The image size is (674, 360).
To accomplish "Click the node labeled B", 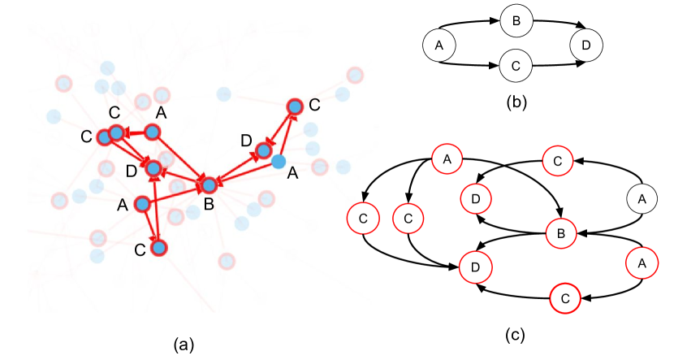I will [209, 185].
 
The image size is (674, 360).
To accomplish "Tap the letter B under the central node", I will [209, 204].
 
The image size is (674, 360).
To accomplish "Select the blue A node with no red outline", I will [279, 162].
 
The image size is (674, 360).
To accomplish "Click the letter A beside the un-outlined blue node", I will [292, 173].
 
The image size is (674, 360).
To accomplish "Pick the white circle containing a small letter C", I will [362, 218].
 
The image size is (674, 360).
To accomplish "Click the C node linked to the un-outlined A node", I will [295, 106].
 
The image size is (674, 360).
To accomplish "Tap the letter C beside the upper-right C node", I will [314, 105].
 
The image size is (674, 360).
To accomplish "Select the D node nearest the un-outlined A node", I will [264, 150].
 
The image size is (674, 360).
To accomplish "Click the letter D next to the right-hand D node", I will [247, 141].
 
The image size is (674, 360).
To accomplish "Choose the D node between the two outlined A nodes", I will [153, 168].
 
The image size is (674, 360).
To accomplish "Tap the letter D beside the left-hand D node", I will [132, 171].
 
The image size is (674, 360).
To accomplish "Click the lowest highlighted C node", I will [159, 247].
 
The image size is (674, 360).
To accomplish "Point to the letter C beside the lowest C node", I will [140, 250].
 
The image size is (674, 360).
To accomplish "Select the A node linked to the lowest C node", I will [143, 203].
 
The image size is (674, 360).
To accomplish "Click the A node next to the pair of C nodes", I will [153, 132].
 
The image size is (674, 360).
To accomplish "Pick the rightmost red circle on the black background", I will [642, 262].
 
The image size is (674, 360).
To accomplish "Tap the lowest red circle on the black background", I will [565, 297].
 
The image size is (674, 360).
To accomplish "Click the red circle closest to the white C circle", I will [408, 218].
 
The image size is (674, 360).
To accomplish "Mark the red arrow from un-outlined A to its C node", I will [287, 134].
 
